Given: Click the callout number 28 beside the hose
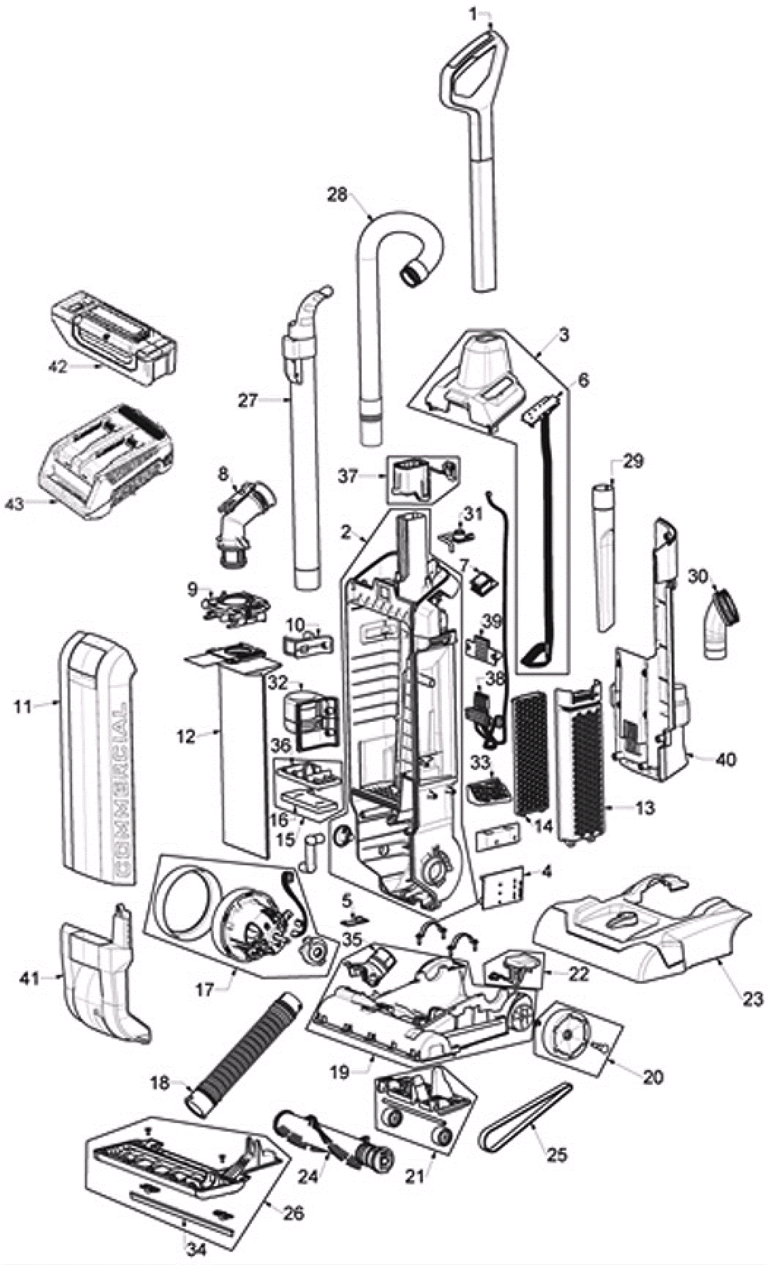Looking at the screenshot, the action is click(337, 195).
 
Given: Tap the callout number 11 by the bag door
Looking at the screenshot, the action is click(23, 707).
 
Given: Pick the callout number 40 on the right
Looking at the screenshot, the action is click(725, 759).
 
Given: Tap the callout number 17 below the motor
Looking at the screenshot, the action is click(204, 989).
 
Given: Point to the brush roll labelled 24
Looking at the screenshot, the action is click(336, 1143).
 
